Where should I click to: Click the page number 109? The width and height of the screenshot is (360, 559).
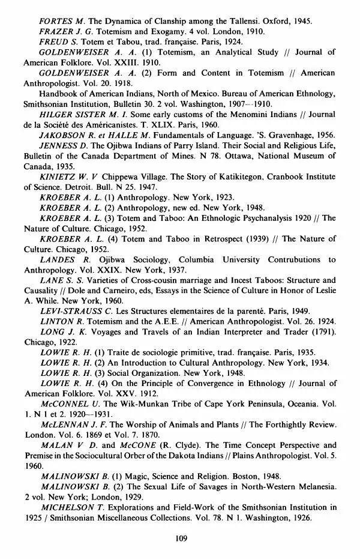(182, 537)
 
